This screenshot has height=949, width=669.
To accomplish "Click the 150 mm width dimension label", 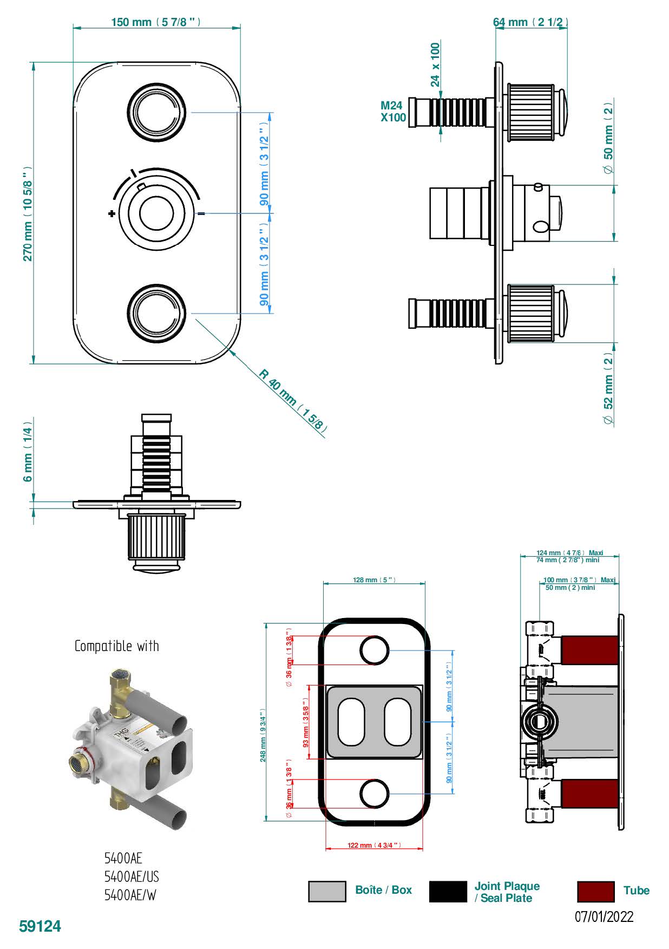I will (x=156, y=22).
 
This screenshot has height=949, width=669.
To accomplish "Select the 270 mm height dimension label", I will (x=28, y=213).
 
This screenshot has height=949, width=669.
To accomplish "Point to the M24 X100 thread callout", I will (x=393, y=112).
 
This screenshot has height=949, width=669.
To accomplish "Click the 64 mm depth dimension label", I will (x=530, y=22).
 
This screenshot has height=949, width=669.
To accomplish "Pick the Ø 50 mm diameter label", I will (x=609, y=138).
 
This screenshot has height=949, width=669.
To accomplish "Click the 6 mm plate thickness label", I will (x=28, y=454).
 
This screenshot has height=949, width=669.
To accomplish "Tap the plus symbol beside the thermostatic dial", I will (x=111, y=213).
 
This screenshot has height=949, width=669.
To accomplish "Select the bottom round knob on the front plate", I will (x=157, y=313).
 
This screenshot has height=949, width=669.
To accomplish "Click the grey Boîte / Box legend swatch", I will (x=327, y=891).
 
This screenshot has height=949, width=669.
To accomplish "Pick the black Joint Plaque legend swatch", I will (x=448, y=891).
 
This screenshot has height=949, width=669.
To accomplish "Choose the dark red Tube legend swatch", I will (x=595, y=891).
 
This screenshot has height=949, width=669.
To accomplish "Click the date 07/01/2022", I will (x=604, y=916).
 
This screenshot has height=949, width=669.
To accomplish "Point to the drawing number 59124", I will (x=40, y=926).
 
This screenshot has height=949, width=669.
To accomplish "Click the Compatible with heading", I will (x=117, y=646).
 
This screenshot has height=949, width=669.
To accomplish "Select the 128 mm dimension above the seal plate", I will (x=373, y=580).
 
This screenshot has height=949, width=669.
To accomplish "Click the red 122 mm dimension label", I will (x=374, y=845).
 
